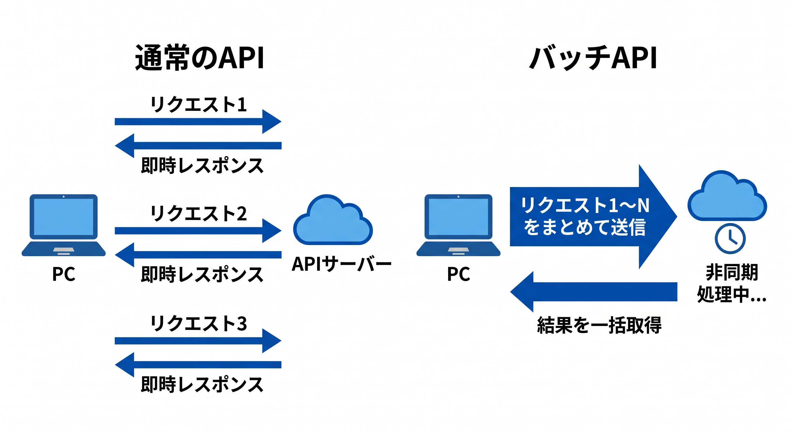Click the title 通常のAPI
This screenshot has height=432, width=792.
click(x=199, y=58)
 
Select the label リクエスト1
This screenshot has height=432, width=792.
click(x=198, y=105)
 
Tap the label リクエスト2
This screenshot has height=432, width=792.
click(x=198, y=213)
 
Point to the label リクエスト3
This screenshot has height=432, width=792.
click(x=198, y=323)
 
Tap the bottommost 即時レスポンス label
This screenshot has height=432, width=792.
click(x=202, y=384)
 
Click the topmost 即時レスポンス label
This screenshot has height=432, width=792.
click(x=202, y=165)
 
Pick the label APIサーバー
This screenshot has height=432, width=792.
click(x=341, y=264)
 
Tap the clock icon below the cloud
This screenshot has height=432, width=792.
click(x=730, y=239)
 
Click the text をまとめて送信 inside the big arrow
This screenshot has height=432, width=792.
click(x=584, y=228)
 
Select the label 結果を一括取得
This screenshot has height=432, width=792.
click(x=599, y=325)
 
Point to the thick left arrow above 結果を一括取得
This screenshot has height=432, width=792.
click(x=593, y=291)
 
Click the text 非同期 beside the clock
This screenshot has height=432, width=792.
click(x=732, y=273)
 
